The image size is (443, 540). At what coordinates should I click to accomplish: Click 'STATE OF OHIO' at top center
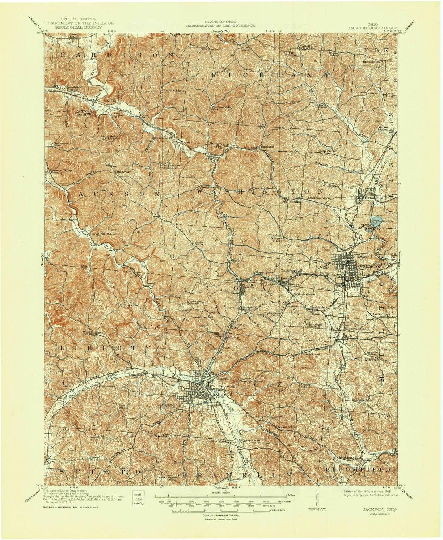pos(220,22)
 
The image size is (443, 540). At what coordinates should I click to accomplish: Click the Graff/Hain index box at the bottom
pos(138,498)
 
